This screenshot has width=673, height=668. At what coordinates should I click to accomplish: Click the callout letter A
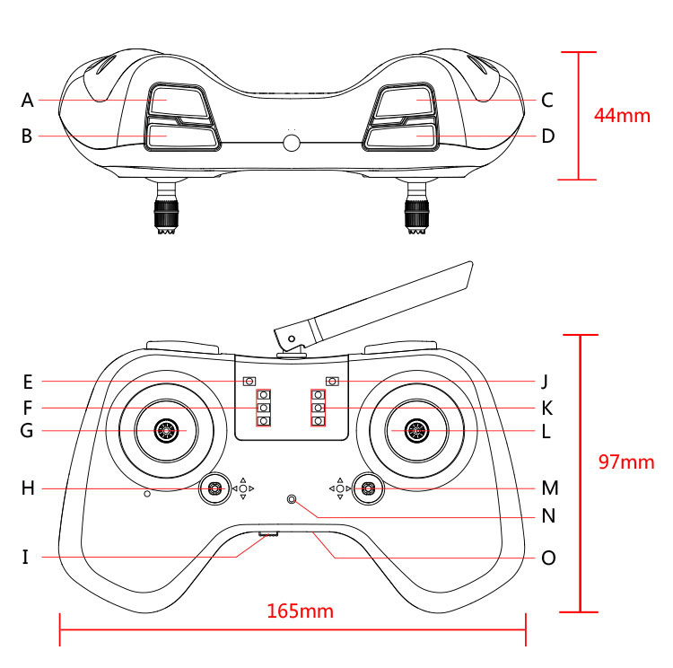pos(27,100)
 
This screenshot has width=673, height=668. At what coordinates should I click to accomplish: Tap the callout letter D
pos(548,136)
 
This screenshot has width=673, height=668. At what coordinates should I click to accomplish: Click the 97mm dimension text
pos(625,462)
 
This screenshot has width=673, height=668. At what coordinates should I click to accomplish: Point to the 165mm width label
pos(300,611)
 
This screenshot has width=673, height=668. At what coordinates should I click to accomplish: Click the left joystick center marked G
pos(165,431)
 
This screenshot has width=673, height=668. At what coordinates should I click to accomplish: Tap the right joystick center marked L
pos(416,431)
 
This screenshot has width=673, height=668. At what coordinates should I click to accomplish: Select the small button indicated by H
pos(215,488)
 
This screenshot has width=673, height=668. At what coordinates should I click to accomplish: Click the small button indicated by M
pos(368,488)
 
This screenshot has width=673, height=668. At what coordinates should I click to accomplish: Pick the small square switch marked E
pos(249,381)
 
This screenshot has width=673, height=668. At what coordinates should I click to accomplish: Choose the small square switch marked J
pos(333,381)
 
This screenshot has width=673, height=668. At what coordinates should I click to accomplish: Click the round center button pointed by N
pos(291,499)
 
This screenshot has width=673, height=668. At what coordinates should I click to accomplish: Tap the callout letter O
pos(548,558)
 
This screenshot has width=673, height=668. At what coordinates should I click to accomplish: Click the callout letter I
pos(26,558)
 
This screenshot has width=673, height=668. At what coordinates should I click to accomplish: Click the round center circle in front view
pos(292,143)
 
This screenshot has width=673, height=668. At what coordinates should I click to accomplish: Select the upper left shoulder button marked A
pos(176,101)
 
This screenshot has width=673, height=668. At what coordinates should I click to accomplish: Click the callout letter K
pos(547,409)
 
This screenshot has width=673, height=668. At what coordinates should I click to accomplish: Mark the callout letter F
pos(27,409)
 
